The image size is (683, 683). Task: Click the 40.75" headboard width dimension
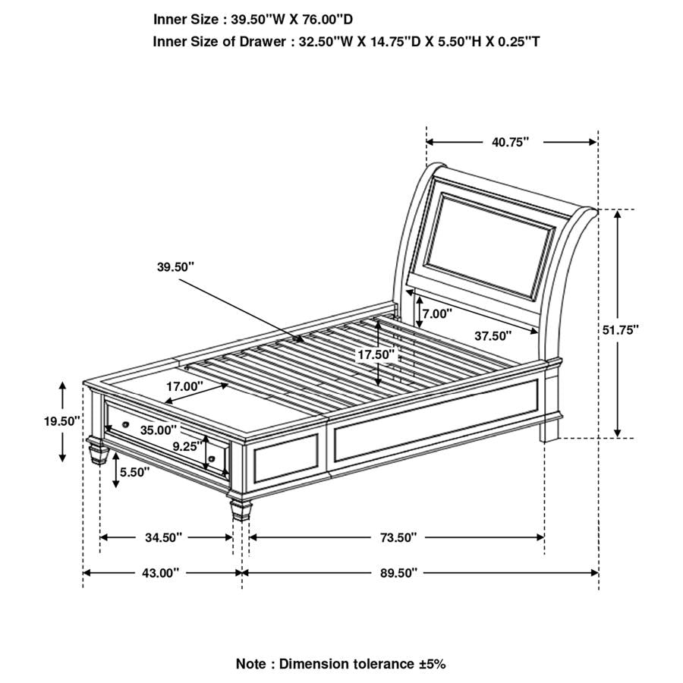(509, 141)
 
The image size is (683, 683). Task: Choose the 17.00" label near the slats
(185, 386)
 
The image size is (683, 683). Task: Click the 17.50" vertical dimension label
(377, 354)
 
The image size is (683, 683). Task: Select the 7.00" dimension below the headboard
(437, 313)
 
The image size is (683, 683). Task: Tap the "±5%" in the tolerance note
(431, 664)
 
